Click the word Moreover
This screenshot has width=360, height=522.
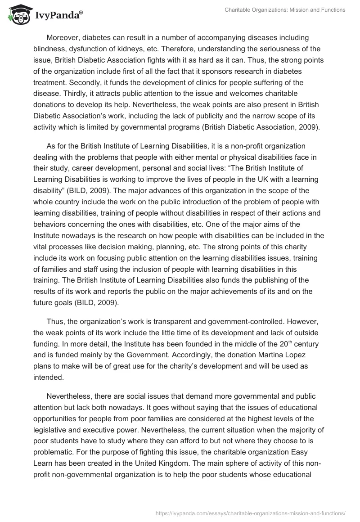pyautogui.click(x=63, y=38)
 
